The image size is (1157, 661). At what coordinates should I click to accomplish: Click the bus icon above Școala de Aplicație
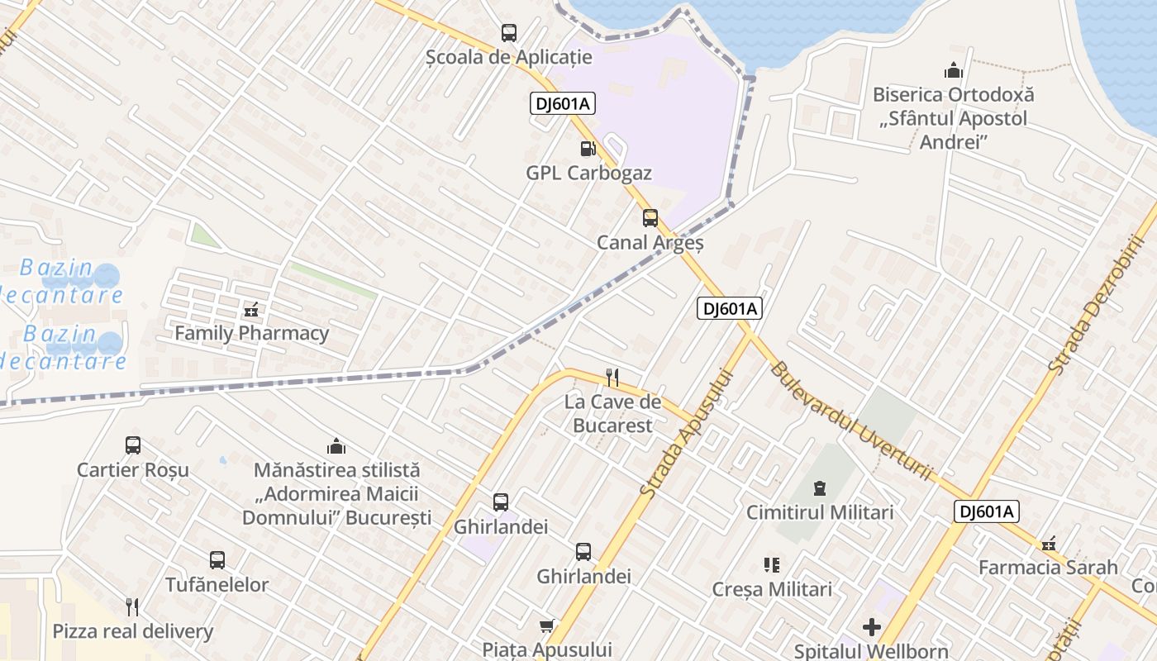point(509,33)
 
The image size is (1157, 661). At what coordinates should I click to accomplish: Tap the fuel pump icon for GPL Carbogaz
point(588,149)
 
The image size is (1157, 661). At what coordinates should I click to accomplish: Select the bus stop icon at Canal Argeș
point(650,218)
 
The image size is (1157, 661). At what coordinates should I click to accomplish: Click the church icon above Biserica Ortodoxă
point(953,71)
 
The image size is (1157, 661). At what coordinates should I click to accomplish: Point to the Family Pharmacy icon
point(251,311)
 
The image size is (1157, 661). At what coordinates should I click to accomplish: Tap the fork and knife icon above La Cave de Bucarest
point(612,378)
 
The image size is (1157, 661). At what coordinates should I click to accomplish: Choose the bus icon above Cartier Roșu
point(133,445)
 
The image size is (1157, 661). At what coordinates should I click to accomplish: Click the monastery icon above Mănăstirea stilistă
point(336,446)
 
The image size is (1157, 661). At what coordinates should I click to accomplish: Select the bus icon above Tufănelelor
point(217,560)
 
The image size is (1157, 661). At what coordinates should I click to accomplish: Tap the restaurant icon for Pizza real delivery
point(132,607)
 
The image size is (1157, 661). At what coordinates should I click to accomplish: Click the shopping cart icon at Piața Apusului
point(546,625)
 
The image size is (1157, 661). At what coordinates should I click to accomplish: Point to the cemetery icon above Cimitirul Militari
point(820,487)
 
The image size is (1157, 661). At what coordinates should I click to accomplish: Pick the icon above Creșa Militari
point(772,565)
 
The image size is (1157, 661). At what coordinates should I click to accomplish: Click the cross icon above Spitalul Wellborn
point(871,627)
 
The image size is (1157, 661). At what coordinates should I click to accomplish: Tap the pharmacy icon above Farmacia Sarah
point(1049,544)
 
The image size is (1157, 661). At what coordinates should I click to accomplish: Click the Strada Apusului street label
point(688,433)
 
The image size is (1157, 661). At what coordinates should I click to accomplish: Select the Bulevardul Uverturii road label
point(852,421)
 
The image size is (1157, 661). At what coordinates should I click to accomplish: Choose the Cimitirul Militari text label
point(820,512)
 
